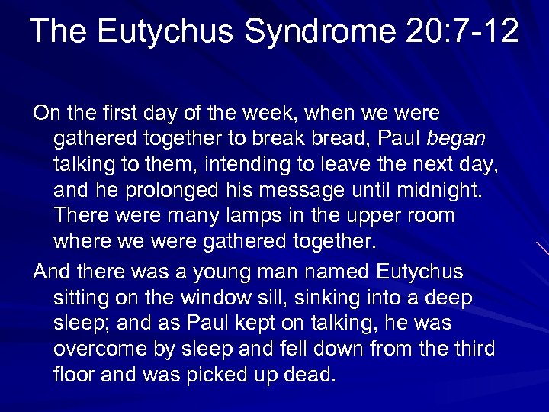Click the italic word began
coord(457,139)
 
